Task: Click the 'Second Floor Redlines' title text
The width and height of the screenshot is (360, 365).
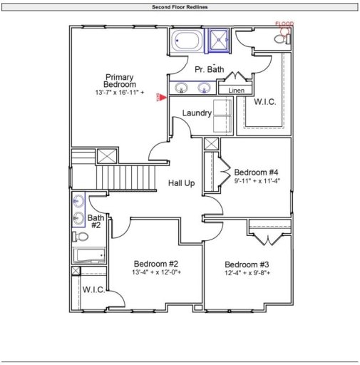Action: point(180,7)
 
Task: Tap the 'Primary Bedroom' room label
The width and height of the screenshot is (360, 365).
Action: point(119,81)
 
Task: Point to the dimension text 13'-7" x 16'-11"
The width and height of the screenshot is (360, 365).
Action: point(119,93)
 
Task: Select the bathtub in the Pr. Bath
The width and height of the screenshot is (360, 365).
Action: point(187,41)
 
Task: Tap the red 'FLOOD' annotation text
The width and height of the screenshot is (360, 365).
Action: point(284,24)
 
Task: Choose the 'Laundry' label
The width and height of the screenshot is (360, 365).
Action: point(196,113)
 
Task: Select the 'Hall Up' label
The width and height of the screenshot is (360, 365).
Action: point(181,183)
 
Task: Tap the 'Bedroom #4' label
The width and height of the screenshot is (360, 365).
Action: point(257,172)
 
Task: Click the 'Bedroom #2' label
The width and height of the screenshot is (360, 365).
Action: point(156,262)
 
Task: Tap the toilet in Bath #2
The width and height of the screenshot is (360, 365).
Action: point(81,237)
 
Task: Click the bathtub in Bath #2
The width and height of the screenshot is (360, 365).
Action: point(89,255)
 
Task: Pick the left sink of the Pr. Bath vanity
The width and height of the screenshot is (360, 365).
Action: point(182,89)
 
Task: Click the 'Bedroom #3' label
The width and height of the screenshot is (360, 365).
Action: point(246,264)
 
